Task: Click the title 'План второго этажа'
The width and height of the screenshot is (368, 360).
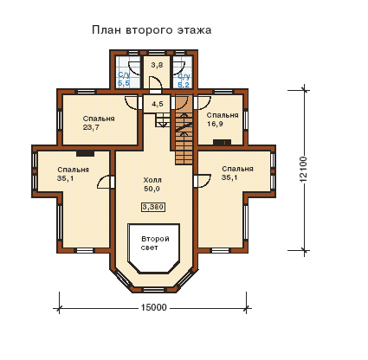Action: (x=152, y=30)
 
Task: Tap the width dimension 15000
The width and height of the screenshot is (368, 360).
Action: (x=154, y=307)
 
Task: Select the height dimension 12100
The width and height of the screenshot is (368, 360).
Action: (x=303, y=170)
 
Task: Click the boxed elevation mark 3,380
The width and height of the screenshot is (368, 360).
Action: (x=153, y=207)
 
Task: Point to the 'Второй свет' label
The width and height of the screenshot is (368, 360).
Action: (x=155, y=243)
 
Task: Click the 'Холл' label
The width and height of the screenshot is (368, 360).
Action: (x=152, y=180)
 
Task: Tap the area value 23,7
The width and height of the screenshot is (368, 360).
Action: (x=91, y=127)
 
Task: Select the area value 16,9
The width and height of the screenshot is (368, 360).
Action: (x=215, y=124)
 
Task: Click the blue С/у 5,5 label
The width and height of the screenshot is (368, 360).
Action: (x=124, y=80)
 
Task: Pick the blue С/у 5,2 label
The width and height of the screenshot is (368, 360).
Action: (x=184, y=80)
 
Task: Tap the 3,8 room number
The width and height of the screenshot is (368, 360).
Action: (x=157, y=65)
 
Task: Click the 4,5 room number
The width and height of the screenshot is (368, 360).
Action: (x=158, y=104)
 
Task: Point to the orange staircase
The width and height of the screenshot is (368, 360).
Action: (x=184, y=130)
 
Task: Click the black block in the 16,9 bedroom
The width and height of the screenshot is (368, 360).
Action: (x=222, y=142)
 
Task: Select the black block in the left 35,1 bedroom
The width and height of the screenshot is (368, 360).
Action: (x=85, y=153)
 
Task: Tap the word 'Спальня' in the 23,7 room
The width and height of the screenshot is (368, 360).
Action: (x=99, y=119)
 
